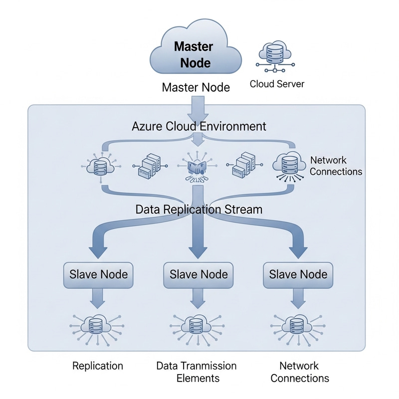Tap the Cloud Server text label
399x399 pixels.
click(x=277, y=84)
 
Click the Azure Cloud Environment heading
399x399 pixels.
click(x=199, y=126)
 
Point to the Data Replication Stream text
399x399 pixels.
click(x=199, y=209)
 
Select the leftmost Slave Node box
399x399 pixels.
click(x=98, y=274)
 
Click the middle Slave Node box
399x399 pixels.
click(x=199, y=274)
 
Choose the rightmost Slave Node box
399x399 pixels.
click(x=298, y=274)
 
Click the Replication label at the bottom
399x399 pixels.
click(x=98, y=366)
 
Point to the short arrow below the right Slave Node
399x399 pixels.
click(x=298, y=299)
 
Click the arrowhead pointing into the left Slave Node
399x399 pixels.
click(x=98, y=249)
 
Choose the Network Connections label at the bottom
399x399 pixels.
click(x=300, y=372)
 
